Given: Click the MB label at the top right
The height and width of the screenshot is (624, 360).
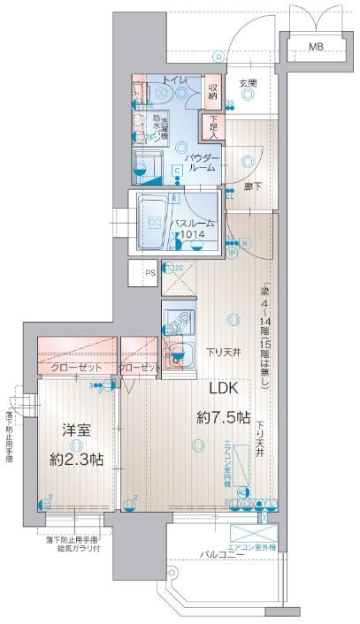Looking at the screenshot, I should (x=315, y=46).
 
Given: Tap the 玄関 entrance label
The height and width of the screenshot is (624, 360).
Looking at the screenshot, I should (x=248, y=84).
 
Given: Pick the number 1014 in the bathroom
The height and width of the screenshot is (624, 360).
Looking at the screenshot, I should (x=193, y=235).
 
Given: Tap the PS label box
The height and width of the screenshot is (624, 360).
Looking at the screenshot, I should (x=149, y=273).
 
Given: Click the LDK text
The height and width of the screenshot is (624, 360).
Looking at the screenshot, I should (x=225, y=387).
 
